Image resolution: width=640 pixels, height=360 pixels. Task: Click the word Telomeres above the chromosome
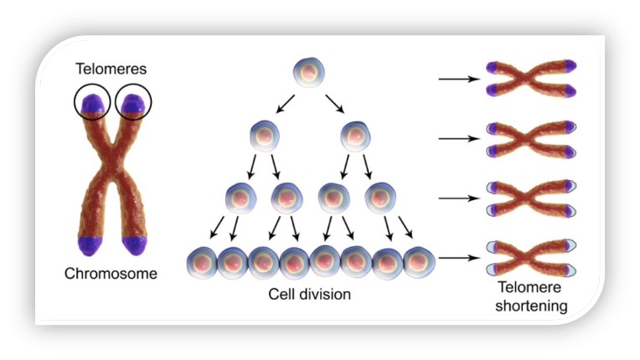coord(111,69)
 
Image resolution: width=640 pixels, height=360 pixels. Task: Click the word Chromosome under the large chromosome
coord(111,273)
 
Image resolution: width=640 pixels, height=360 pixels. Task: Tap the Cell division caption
coord(309,294)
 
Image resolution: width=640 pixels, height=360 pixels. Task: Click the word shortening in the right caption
coord(531,306)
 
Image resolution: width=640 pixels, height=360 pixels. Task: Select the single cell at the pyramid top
coord(309,73)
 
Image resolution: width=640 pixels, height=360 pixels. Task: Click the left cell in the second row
coord(265,136)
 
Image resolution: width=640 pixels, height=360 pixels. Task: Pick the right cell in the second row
coord(355,136)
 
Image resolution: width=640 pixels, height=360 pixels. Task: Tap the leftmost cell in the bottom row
coord(202,263)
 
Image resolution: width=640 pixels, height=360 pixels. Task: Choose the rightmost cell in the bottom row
coord(419,263)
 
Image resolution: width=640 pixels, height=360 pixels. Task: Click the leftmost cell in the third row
coord(240,198)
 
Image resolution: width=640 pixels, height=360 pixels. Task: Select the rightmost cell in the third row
coord(380,198)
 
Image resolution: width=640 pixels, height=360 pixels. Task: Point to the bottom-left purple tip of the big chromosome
coord(90,246)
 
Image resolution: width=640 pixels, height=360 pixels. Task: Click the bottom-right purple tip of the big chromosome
coord(135,246)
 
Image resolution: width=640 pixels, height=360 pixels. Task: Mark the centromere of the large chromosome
coord(112,160)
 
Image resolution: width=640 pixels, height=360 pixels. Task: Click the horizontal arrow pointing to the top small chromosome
coord(459,79)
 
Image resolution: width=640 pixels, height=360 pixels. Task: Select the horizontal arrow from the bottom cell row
coord(459,258)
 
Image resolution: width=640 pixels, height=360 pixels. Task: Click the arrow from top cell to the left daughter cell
coord(286,104)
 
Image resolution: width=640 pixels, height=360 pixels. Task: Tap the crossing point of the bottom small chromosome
coord(530,258)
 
